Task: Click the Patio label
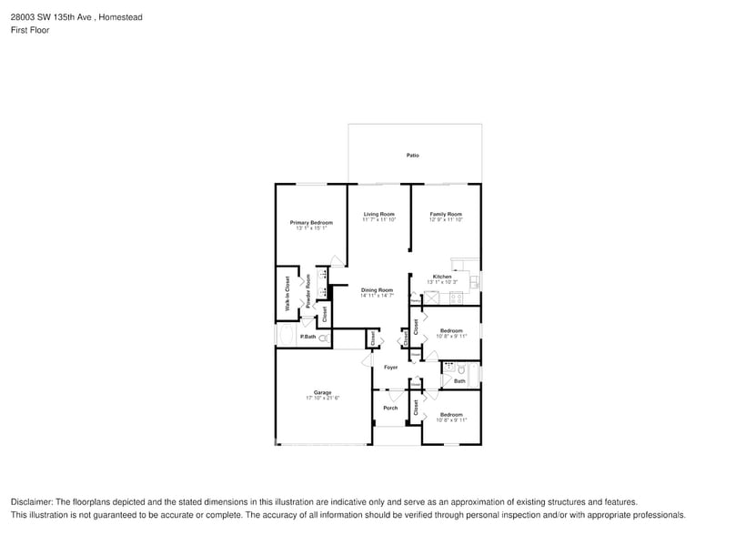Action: tap(412, 156)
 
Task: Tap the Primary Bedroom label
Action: tap(311, 222)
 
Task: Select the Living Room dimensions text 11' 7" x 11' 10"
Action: tap(378, 219)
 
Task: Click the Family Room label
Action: tap(446, 214)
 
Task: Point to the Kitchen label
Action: tap(441, 277)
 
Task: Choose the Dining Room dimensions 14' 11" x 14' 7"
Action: tap(377, 295)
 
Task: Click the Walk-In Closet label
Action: tap(287, 293)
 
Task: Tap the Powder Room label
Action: tap(308, 291)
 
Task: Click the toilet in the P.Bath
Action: tap(323, 338)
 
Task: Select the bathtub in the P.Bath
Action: tap(286, 338)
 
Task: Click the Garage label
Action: tap(323, 392)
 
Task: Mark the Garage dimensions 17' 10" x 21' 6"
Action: tap(323, 398)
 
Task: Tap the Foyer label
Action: tap(390, 367)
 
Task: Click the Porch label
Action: tap(390, 408)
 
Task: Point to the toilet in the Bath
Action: tap(462, 369)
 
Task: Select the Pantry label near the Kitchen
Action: tap(415, 301)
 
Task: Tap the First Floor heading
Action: tap(30, 30)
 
